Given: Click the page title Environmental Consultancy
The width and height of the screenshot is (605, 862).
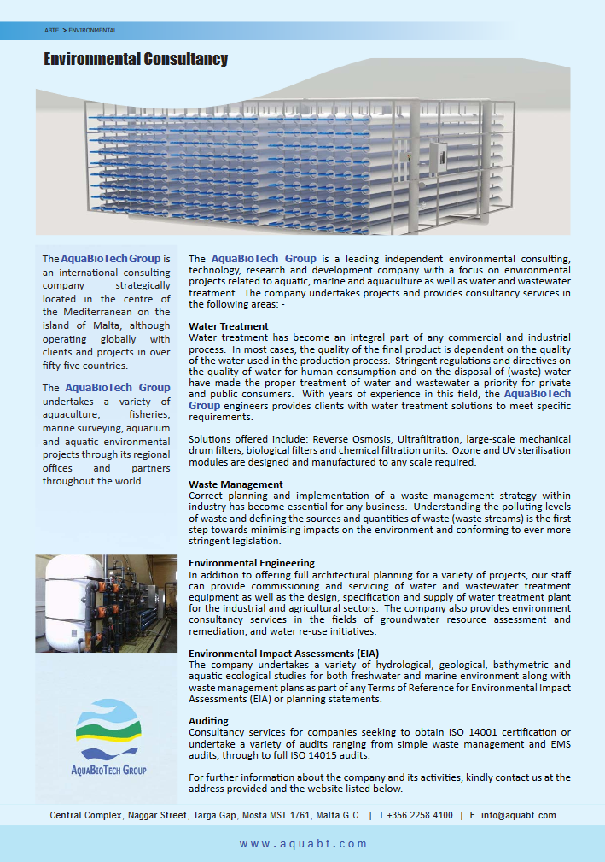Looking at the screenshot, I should [136, 59].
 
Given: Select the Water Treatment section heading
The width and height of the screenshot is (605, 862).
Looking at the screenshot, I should [228, 326].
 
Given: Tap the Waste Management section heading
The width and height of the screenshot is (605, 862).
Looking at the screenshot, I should [236, 484].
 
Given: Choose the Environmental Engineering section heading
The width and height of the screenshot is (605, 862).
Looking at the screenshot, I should [252, 563].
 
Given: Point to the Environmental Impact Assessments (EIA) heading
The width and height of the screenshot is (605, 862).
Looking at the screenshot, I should [285, 654].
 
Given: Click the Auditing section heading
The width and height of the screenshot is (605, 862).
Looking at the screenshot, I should [208, 721].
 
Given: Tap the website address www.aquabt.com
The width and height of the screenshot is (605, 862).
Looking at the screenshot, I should [303, 844].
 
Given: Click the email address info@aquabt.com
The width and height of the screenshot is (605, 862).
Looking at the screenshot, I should [518, 815].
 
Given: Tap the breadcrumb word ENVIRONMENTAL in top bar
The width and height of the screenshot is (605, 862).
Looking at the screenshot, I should [92, 31].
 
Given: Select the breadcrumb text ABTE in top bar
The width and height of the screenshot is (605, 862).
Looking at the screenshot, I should [51, 31].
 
